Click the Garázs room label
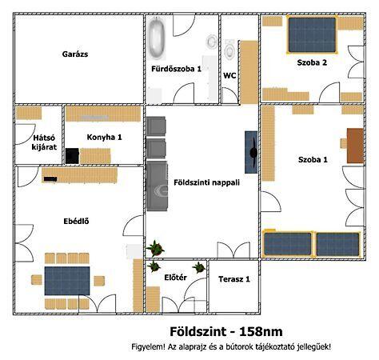click(75, 54)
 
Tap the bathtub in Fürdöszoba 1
click(157, 38)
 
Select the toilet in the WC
click(229, 50)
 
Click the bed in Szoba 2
click(312, 35)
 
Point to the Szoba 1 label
click(313, 160)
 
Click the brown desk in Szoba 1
click(355, 146)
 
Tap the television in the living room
click(251, 152)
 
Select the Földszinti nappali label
click(206, 182)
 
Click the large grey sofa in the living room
click(157, 186)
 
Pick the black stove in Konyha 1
click(72, 156)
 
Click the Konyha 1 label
click(104, 138)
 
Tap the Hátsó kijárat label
click(44, 142)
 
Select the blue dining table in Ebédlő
click(67, 281)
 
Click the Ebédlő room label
click(76, 222)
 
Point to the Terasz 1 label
click(234, 279)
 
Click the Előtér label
click(175, 278)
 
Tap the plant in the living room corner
click(155, 248)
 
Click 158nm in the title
click(261, 331)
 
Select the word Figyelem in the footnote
click(146, 347)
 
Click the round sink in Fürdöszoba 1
click(212, 42)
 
